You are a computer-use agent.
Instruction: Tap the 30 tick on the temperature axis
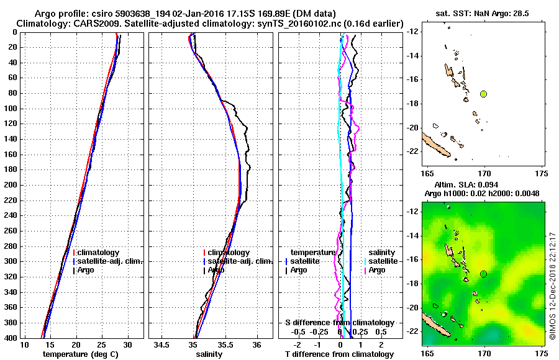pyautogui.click(x=128, y=344)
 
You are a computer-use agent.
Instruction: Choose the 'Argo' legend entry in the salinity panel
pyautogui.click(x=216, y=270)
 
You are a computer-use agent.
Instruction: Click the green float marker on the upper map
pyautogui.click(x=483, y=94)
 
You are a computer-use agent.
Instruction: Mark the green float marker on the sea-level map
pyautogui.click(x=483, y=274)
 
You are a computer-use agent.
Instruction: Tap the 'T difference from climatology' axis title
pyautogui.click(x=340, y=354)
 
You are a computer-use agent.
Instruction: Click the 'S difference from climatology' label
pyautogui.click(x=339, y=323)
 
